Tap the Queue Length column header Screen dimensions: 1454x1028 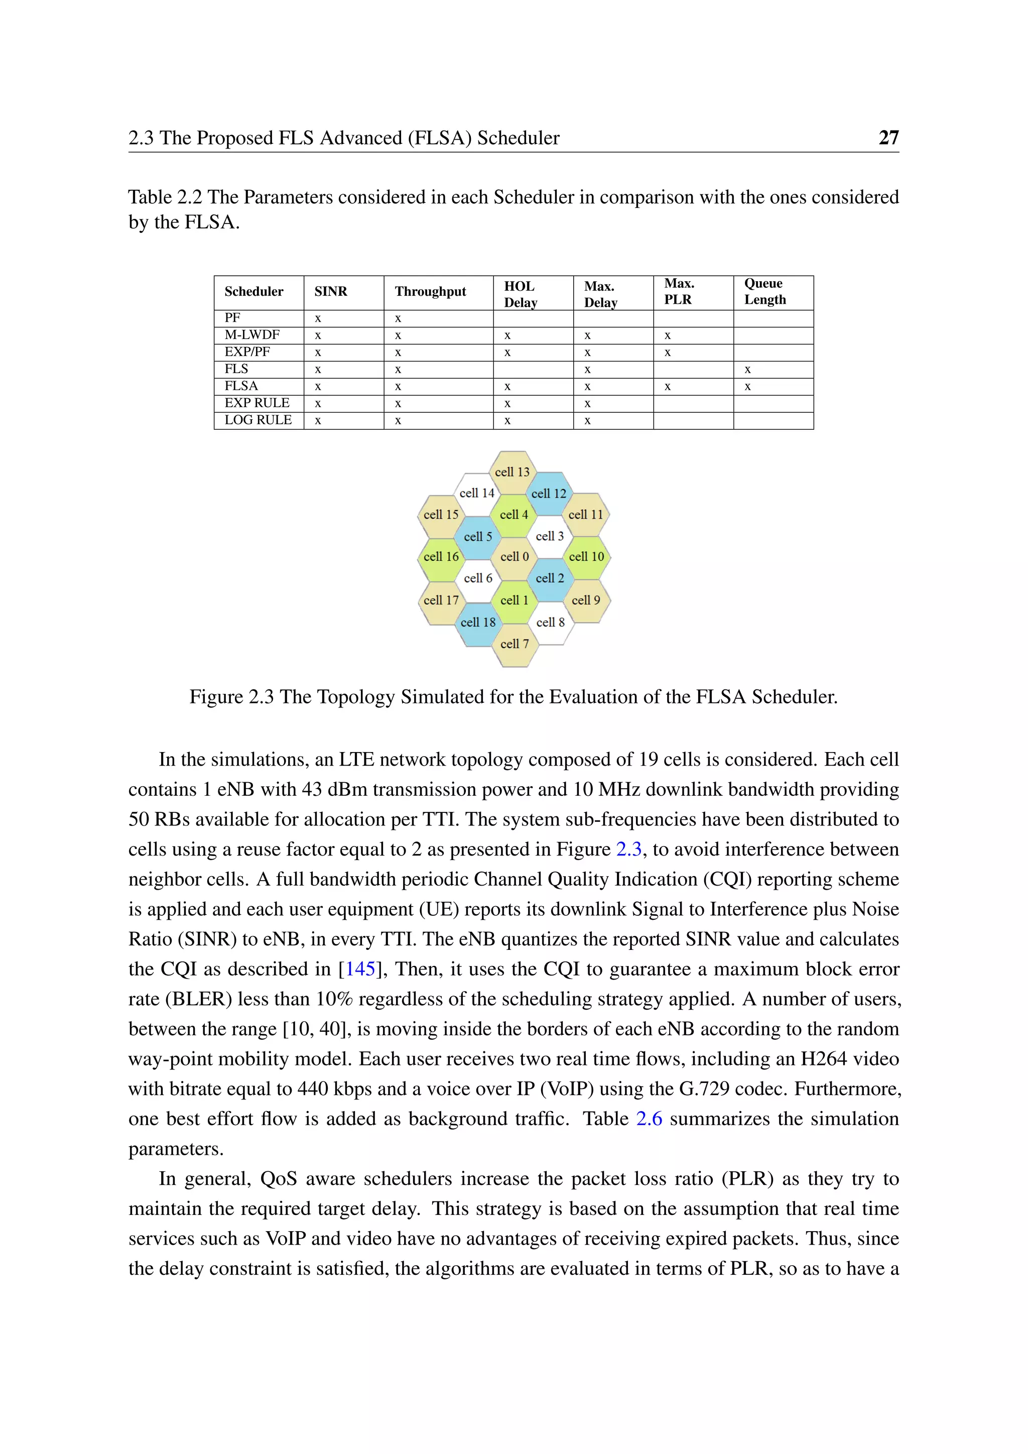pyautogui.click(x=764, y=291)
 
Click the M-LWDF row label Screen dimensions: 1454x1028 pyautogui.click(x=252, y=335)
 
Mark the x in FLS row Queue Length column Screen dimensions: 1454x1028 pyautogui.click(x=747, y=369)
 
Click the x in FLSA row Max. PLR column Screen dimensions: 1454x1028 pyautogui.click(x=667, y=386)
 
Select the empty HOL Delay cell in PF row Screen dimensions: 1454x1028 pyautogui.click(x=533, y=318)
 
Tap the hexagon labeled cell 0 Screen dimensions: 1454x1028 pyautogui.click(x=514, y=557)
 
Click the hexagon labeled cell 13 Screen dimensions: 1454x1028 pyautogui.click(x=512, y=472)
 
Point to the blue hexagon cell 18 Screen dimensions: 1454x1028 pyautogui.click(x=478, y=623)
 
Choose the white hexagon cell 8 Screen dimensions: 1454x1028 pyautogui.click(x=550, y=623)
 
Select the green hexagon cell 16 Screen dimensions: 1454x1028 pyautogui.click(x=441, y=557)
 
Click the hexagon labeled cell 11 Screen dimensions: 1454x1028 pyautogui.click(x=586, y=515)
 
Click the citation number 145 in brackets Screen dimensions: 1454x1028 pyautogui.click(x=360, y=969)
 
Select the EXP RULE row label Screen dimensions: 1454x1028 pyautogui.click(x=256, y=403)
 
